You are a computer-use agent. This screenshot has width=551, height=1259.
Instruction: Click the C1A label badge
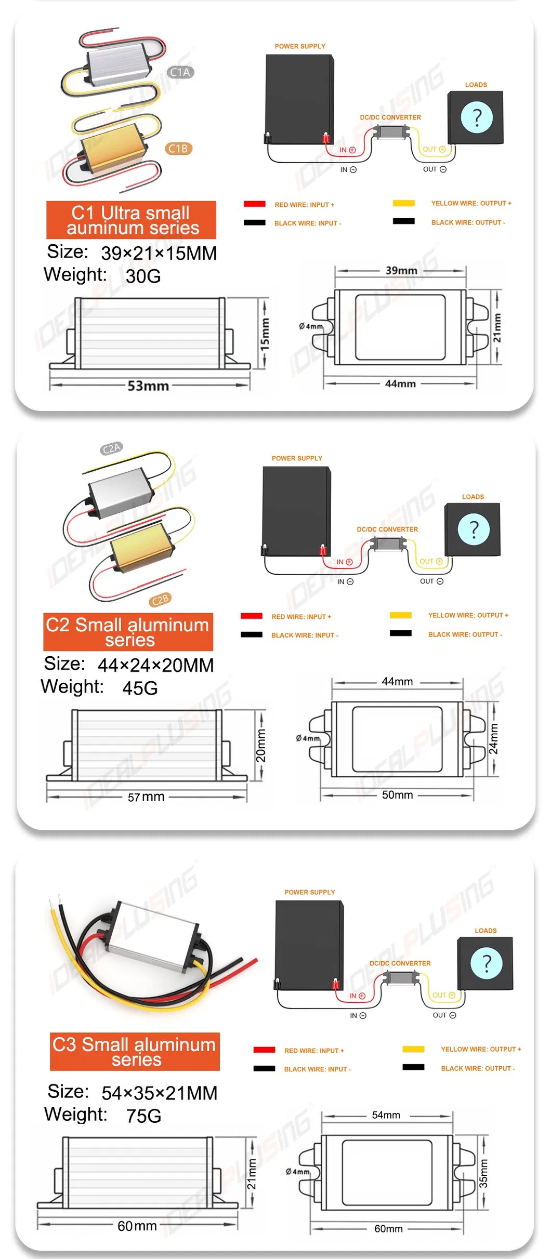coord(180,72)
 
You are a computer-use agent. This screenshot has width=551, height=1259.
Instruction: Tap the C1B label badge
coord(178,149)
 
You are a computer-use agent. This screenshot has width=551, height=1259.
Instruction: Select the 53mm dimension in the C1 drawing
coord(148,386)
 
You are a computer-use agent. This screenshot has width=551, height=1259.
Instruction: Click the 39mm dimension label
coord(401,270)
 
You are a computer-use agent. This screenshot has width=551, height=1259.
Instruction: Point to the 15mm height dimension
coord(265,334)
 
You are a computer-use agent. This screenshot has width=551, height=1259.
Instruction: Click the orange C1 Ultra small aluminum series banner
coord(131,220)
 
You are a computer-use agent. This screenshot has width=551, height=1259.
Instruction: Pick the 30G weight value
coord(143,276)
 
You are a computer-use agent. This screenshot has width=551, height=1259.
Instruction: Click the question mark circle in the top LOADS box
coord(476,117)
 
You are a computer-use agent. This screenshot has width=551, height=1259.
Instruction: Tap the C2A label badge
coord(111,448)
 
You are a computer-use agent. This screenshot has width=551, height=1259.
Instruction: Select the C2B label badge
coord(160,600)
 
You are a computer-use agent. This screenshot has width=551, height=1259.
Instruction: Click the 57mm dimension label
coord(146,797)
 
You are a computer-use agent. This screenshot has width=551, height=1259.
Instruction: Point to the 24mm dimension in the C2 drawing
coord(493,739)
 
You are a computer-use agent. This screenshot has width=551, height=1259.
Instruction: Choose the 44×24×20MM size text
coord(155,665)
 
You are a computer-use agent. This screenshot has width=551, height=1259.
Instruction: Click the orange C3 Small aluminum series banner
coord(135,1051)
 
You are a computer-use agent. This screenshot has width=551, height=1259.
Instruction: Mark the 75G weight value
coord(143,1116)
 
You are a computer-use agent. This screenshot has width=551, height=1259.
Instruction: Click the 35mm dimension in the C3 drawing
coord(483,1173)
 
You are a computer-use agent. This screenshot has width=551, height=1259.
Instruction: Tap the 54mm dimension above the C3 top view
coord(386,1115)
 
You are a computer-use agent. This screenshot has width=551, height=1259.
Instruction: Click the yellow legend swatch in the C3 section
coord(413,1049)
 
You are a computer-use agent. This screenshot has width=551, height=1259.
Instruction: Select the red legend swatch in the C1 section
coord(255,204)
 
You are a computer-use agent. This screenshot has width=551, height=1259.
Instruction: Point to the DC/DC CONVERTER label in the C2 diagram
coord(387,529)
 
